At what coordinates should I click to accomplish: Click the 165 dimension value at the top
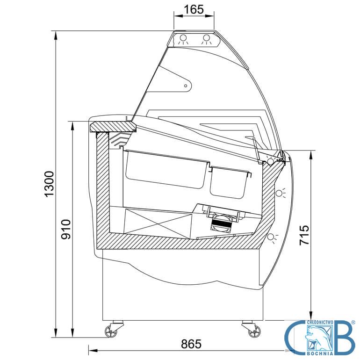[194, 10]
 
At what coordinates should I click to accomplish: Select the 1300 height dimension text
[49, 184]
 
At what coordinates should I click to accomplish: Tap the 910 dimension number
[66, 229]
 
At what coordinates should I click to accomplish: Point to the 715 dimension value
[304, 235]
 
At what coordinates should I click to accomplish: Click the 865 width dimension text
[191, 344]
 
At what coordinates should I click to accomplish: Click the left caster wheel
[111, 331]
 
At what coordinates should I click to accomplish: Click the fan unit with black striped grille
[221, 223]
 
